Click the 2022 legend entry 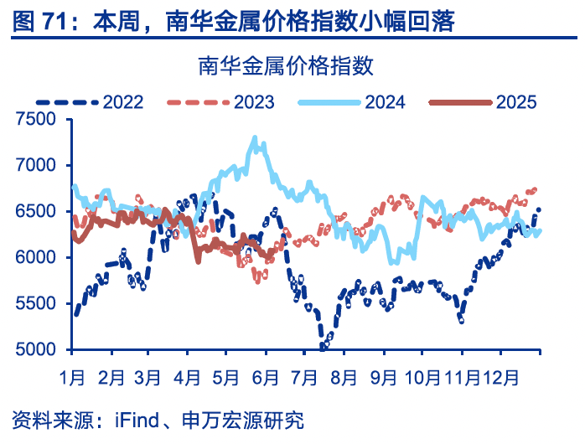pos(123,102)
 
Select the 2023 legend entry pos(254,102)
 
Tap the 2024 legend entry pos(385,102)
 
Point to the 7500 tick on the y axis pos(34,120)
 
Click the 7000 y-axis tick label pos(34,166)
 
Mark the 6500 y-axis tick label pos(34,212)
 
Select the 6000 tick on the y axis pos(34,258)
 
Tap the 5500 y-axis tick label pos(34,304)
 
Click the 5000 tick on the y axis pos(34,350)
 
